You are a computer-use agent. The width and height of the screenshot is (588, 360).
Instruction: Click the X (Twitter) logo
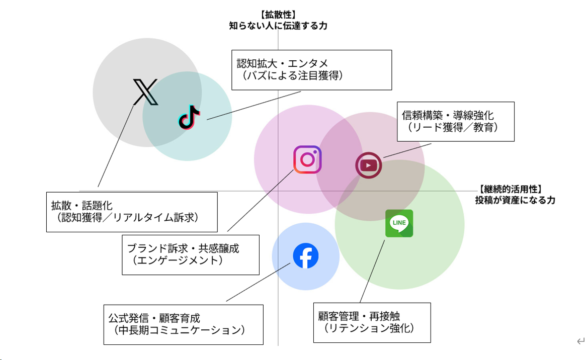click(x=145, y=92)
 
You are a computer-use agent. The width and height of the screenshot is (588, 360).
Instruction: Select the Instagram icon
click(x=307, y=159)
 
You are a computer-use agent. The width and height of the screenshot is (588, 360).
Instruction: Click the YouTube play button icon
click(x=369, y=165)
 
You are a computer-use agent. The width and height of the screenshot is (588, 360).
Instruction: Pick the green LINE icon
click(x=399, y=223)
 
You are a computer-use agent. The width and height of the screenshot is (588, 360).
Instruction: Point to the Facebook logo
click(x=306, y=256)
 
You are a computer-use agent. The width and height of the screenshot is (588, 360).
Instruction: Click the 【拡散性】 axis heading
click(x=278, y=15)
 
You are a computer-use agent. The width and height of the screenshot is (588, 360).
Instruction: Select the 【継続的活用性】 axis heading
click(x=510, y=190)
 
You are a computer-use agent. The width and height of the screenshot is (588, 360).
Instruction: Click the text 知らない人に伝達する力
click(x=278, y=25)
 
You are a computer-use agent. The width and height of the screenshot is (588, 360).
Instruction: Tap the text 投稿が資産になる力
click(x=515, y=200)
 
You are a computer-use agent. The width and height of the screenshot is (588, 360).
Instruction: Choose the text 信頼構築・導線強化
click(x=448, y=116)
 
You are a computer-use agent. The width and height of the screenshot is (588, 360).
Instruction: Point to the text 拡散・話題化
click(x=82, y=206)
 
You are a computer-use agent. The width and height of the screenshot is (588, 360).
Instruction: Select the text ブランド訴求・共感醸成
click(x=183, y=248)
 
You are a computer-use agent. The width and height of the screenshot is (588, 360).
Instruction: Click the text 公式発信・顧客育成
click(x=154, y=318)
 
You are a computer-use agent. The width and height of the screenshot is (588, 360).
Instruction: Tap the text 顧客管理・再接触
click(x=359, y=316)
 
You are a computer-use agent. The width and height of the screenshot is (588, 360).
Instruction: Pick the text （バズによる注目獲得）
click(x=293, y=76)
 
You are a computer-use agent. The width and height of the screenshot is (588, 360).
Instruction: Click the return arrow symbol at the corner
click(x=580, y=342)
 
